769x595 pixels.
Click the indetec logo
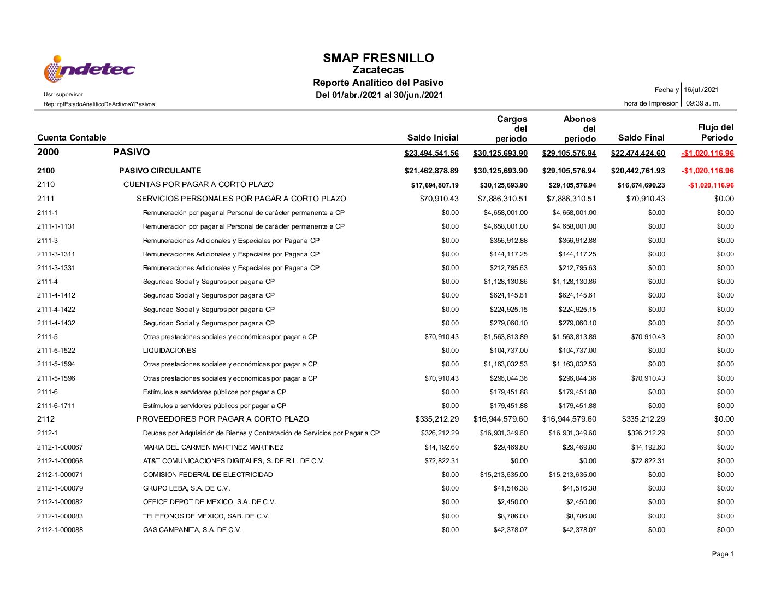coord(89,69)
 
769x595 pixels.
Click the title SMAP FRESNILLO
coord(378,58)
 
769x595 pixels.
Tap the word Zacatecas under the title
coord(378,70)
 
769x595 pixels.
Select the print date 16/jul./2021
coord(701,90)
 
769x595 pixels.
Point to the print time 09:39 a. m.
coord(703,103)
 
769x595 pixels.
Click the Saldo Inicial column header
coord(433,138)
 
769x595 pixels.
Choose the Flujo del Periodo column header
coord(716,132)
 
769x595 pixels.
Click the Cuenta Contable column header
coord(72,138)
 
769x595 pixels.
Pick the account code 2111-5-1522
coord(56,351)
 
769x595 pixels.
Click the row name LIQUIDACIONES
coord(169,351)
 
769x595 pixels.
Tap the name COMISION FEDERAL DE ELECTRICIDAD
coord(208,475)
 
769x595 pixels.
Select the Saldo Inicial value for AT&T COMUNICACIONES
coord(441,461)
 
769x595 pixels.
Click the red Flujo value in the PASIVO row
coord(707,153)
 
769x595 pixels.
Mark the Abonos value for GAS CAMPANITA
coord(579,530)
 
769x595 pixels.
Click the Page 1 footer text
coord(723,554)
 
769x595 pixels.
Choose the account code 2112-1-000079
coord(60,488)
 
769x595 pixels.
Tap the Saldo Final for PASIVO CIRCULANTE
coord(638,171)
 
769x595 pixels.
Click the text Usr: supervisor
coord(63,94)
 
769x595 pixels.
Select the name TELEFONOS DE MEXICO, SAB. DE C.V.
coord(206,516)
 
